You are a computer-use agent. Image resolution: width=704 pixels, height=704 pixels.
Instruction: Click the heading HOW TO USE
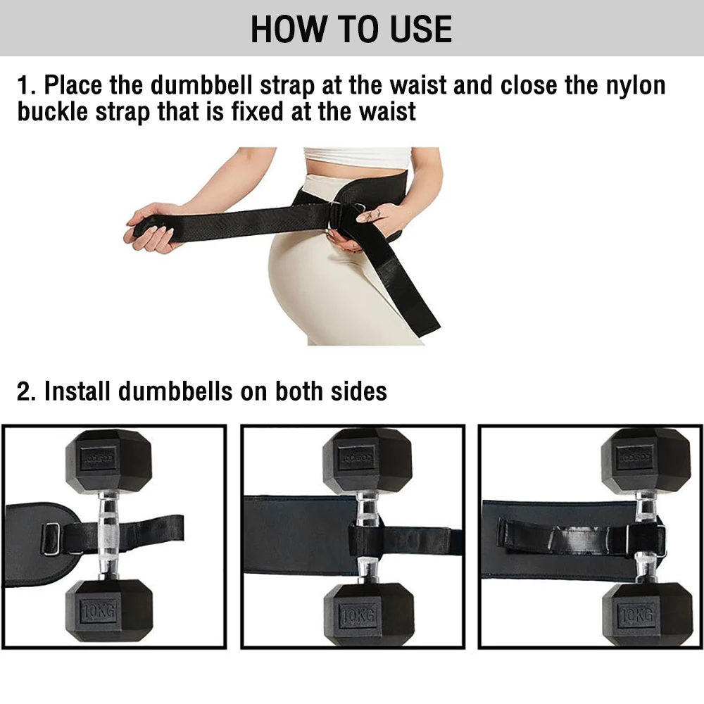(x=351, y=29)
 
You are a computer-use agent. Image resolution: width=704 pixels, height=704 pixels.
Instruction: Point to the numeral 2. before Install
(x=26, y=391)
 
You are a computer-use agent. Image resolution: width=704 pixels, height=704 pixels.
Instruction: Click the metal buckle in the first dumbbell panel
(x=51, y=539)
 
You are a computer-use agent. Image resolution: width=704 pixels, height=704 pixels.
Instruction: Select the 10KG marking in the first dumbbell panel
(x=99, y=610)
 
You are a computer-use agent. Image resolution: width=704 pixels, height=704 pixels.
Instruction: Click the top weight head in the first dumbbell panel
(x=109, y=461)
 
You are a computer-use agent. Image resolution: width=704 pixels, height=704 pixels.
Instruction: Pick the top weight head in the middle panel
(x=366, y=461)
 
